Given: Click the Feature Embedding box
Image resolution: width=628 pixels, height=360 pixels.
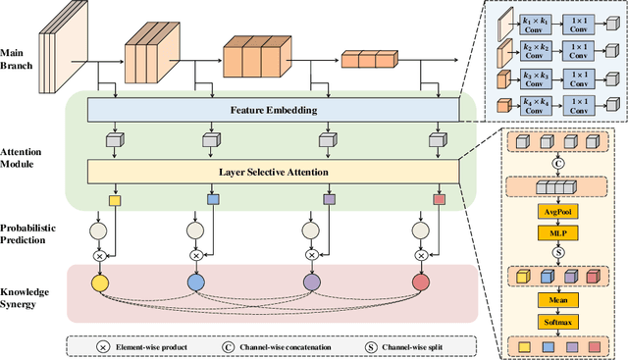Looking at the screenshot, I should point(273,110).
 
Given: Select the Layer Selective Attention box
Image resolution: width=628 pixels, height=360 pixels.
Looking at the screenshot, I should point(273,173).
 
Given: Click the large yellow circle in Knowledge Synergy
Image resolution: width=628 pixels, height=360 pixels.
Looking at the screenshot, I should point(99,283).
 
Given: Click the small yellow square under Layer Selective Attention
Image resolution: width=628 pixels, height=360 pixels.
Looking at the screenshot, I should point(113,200).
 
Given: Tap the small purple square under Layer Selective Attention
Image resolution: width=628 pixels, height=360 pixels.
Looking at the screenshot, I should point(329,200).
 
